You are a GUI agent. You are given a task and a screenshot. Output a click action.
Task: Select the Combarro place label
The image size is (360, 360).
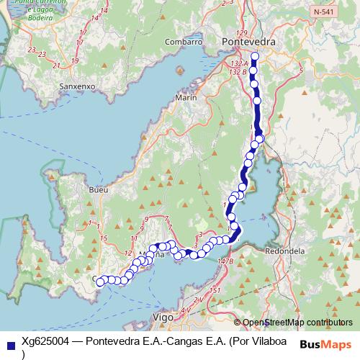click(183, 42)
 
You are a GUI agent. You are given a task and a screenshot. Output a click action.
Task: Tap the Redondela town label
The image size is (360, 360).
click(285, 251)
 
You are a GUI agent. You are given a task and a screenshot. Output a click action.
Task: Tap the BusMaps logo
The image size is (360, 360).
click(325, 343)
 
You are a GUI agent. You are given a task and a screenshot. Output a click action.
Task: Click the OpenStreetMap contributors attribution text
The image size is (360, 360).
click(297, 323)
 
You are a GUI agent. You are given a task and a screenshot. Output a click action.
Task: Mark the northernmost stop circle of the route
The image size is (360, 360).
click(254, 55)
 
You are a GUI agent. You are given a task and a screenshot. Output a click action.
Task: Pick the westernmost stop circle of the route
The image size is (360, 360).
click(100, 282)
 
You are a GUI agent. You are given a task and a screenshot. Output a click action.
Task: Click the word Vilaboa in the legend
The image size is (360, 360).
click(266, 341)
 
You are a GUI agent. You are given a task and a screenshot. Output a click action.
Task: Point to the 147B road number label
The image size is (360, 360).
click(225, 261)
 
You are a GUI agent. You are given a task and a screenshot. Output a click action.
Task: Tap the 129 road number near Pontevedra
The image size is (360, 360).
click(241, 34)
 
